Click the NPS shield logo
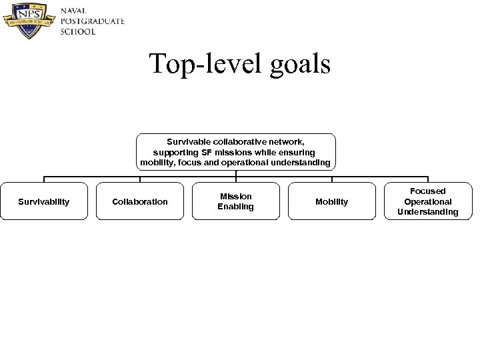29,21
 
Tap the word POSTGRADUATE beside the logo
92,21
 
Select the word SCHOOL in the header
78,31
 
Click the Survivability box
44,201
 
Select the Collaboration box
140,201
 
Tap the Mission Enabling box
236,201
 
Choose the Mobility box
332,201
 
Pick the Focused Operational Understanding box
428,201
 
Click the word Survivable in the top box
189,141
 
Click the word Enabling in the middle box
236,207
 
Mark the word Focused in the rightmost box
428,191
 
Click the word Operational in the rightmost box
428,201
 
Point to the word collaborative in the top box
241,141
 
